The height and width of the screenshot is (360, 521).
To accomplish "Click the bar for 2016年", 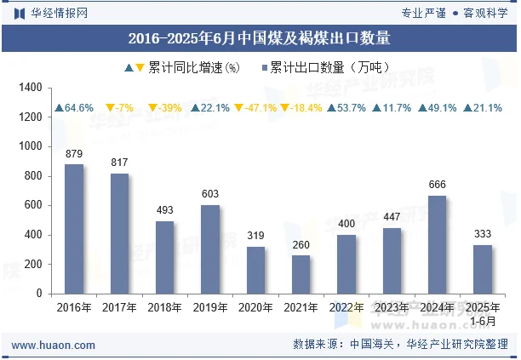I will (x=74, y=229).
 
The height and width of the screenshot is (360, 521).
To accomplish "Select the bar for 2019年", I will (x=210, y=249).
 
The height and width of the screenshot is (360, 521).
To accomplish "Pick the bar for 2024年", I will (x=437, y=244).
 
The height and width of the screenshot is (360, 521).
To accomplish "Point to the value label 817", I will (x=120, y=163).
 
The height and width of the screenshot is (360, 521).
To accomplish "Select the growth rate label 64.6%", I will (x=73, y=108).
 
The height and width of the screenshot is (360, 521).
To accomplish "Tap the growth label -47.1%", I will (x=255, y=108).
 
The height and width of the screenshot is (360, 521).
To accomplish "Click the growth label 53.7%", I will (x=346, y=108).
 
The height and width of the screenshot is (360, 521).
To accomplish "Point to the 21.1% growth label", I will (x=483, y=108).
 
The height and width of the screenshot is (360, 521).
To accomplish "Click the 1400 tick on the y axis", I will (x=30, y=88).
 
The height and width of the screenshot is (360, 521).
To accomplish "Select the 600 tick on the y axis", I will (x=33, y=205).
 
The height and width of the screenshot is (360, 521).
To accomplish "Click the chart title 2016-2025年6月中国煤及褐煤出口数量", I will (x=260, y=37).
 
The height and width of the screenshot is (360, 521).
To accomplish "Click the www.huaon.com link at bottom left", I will (x=53, y=345).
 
